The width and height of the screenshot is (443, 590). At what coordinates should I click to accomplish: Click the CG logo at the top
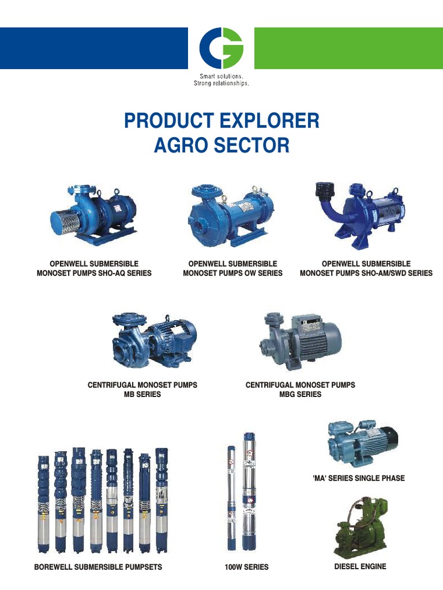pos(221,48)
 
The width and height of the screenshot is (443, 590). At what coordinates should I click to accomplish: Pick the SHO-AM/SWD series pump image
pos(358,214)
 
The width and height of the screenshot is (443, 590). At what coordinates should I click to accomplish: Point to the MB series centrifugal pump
pos(153,341)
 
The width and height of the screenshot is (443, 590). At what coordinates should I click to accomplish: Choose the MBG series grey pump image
pos(301,339)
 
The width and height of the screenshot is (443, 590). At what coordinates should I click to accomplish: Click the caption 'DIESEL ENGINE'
pos(360,566)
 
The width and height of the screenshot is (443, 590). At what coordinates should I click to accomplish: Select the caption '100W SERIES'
pos(246,567)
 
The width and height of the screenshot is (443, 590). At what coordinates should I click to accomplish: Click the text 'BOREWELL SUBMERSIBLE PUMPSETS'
pos(98,567)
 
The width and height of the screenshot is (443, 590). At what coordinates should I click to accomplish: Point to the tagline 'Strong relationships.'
pos(221,83)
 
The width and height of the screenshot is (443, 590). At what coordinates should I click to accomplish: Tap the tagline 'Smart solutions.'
pos(221,77)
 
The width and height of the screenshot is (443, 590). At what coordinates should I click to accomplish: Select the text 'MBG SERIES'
pos(300,394)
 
